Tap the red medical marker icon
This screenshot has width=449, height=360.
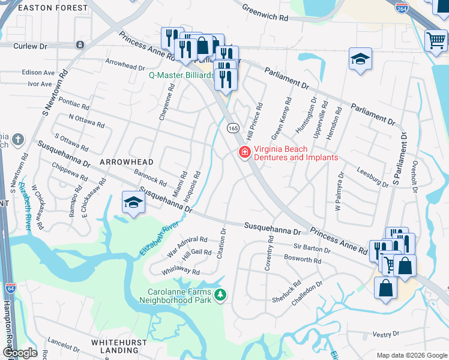(x=244, y=153)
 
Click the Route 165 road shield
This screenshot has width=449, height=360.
(x=234, y=128)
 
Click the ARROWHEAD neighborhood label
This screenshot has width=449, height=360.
(x=127, y=162)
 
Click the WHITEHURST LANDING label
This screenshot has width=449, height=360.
(x=115, y=346)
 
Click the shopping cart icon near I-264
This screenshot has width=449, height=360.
(x=436, y=41)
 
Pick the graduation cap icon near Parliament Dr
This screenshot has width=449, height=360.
(x=360, y=59)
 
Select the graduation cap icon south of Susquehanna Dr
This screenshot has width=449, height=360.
(x=133, y=203)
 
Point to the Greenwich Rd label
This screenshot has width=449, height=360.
(x=265, y=13)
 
